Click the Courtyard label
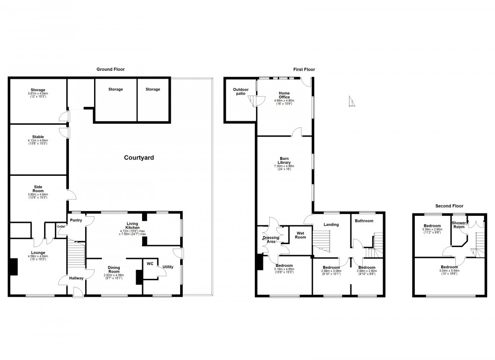click(139, 158)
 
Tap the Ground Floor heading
click(110, 70)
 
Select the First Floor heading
click(303, 70)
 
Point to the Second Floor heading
click(449, 206)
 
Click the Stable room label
click(38, 137)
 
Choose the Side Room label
click(38, 189)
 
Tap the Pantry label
click(76, 220)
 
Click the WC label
click(150, 263)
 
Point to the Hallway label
click(76, 278)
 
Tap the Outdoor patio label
click(241, 91)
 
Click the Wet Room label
click(300, 235)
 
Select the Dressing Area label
click(271, 240)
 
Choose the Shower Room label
click(459, 225)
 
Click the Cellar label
click(61, 226)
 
